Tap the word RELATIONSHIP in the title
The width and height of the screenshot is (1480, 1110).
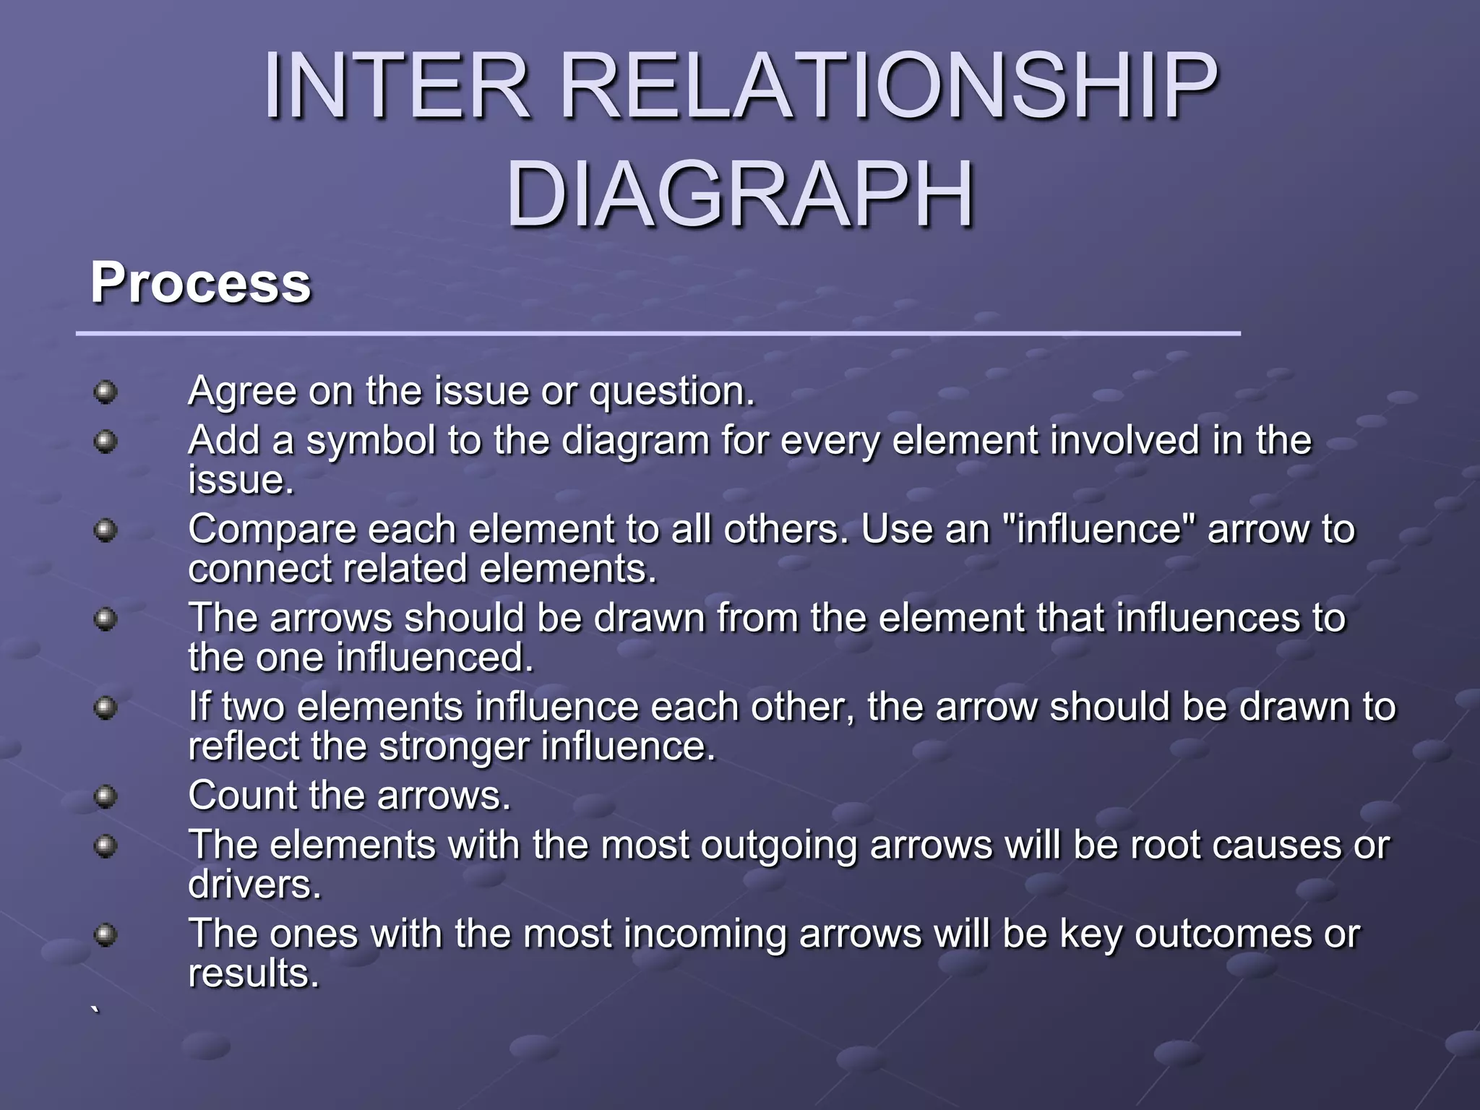(889, 87)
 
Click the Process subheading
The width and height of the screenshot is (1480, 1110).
(200, 283)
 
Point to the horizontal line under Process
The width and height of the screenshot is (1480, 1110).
(658, 333)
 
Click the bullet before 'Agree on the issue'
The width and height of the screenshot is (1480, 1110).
(106, 392)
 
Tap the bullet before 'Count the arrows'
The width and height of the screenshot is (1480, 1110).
(106, 796)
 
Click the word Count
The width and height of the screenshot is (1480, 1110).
(241, 796)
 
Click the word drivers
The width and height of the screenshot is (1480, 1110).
(254, 885)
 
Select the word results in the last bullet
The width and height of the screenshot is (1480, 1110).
(253, 973)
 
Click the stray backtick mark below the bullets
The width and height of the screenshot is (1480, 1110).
(95, 1010)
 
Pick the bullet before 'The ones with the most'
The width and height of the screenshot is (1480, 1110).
(106, 935)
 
